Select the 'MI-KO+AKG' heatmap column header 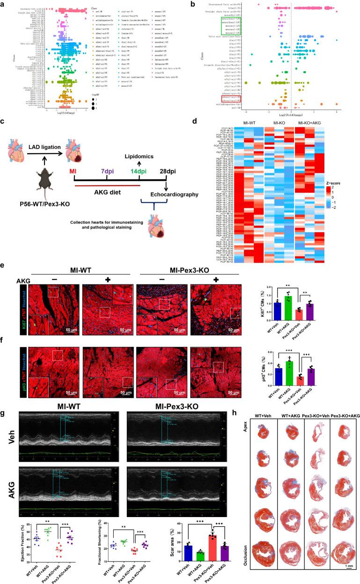click(313, 149)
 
